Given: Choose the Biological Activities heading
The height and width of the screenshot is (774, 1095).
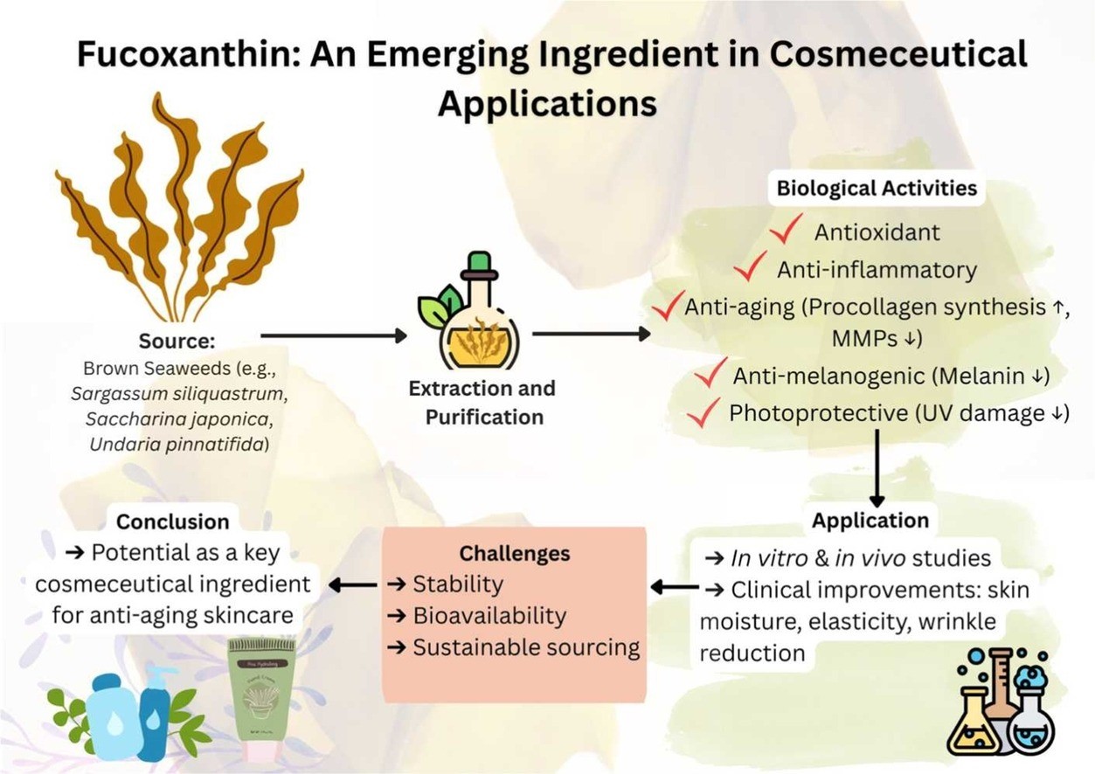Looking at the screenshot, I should click(x=877, y=189).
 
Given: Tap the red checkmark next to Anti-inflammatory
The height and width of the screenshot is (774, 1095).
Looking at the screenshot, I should click(x=751, y=268).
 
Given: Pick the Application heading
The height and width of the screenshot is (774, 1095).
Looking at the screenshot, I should click(x=870, y=521).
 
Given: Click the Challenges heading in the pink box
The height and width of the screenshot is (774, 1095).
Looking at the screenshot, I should click(x=514, y=553).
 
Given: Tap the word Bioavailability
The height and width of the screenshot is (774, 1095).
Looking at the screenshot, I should click(x=489, y=616).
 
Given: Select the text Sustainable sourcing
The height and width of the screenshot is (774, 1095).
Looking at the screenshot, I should click(x=525, y=647).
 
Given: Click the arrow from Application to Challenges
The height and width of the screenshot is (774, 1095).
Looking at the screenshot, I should click(x=674, y=587).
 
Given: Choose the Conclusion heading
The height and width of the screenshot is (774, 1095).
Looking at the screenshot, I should click(x=173, y=522).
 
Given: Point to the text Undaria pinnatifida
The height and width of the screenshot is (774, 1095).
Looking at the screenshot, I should click(x=178, y=445).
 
